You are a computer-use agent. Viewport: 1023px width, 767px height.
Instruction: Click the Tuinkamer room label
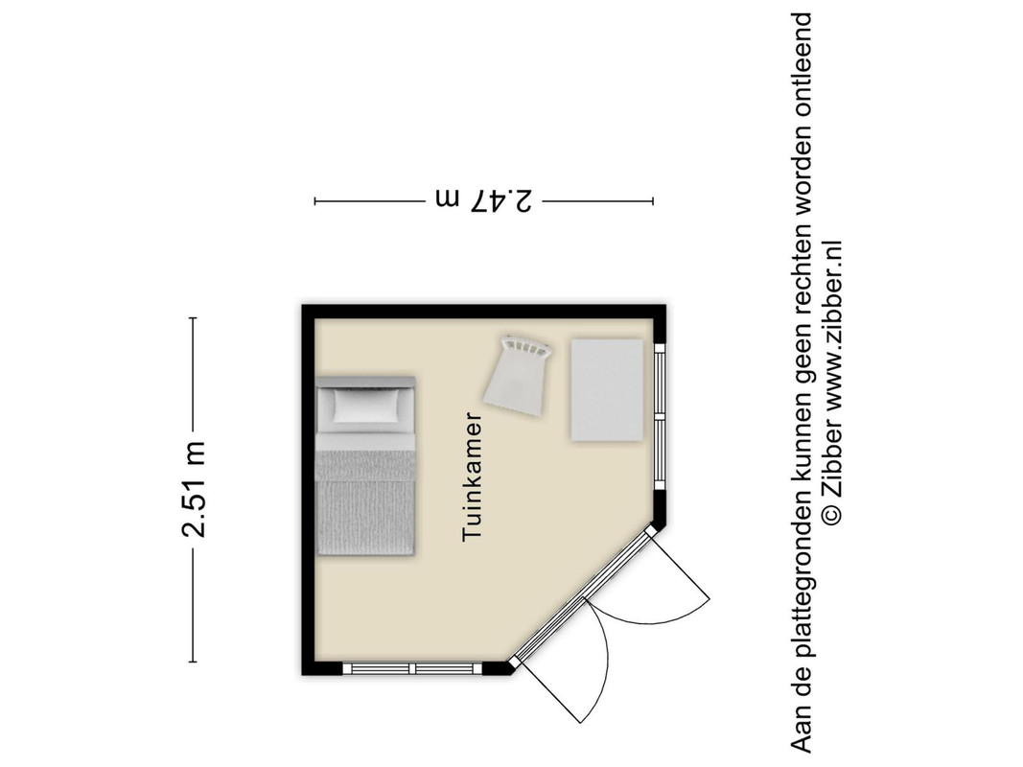pyautogui.click(x=472, y=476)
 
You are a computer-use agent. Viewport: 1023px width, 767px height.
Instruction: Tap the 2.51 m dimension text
pyautogui.click(x=193, y=489)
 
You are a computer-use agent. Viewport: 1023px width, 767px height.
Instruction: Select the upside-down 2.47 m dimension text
pyautogui.click(x=483, y=200)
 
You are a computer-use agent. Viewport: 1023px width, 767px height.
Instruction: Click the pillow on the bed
pyautogui.click(x=365, y=405)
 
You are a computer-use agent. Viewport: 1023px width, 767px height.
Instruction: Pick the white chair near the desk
pyautogui.click(x=518, y=375)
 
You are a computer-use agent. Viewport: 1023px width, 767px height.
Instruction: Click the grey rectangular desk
pyautogui.click(x=608, y=390)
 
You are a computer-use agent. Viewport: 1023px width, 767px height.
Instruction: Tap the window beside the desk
pyautogui.click(x=660, y=417)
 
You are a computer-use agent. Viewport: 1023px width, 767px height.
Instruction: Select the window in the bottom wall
pyautogui.click(x=412, y=668)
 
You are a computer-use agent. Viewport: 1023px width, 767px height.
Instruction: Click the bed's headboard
pyautogui.click(x=365, y=381)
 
